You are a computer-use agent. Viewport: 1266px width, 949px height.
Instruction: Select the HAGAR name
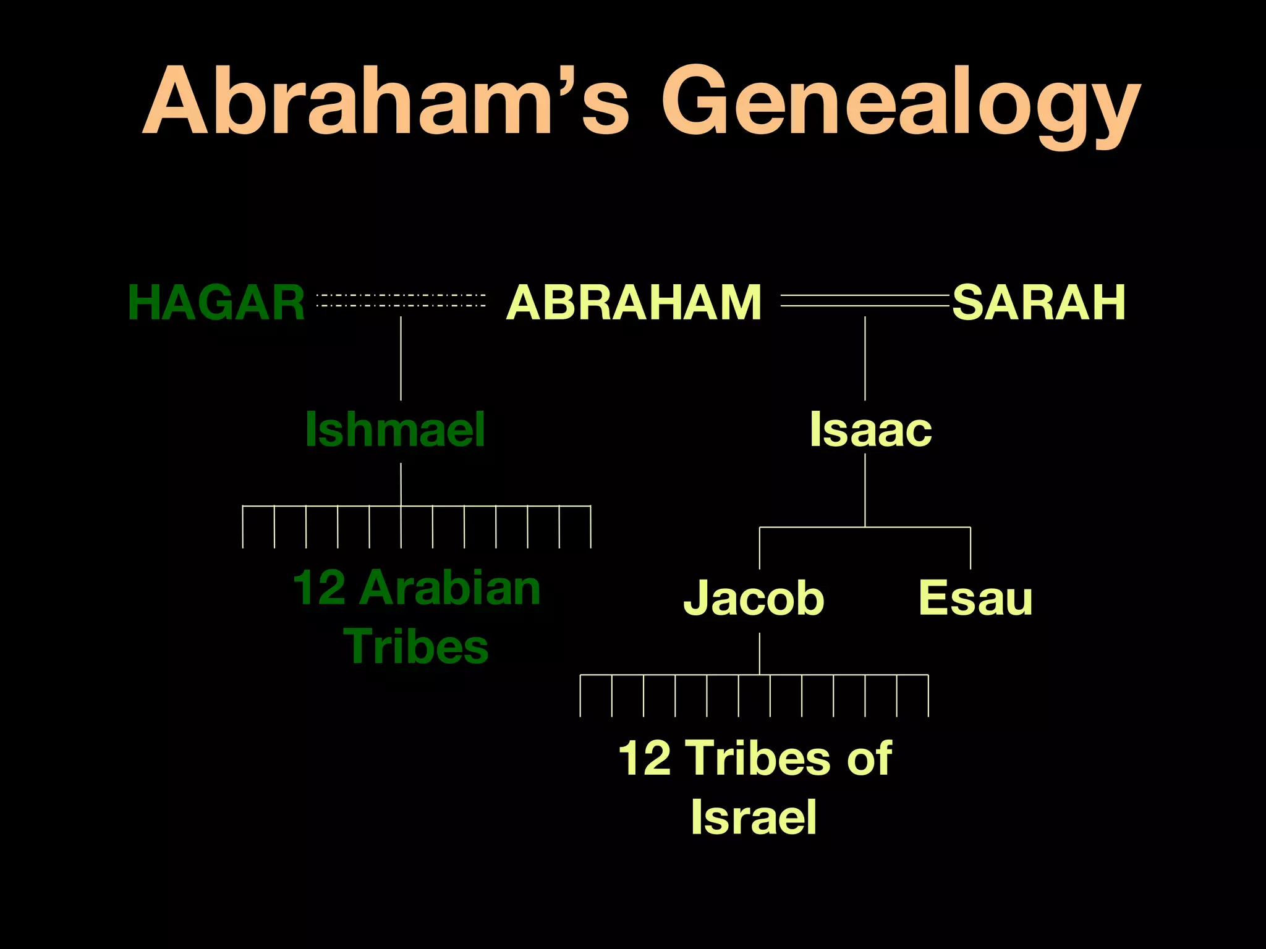click(x=216, y=303)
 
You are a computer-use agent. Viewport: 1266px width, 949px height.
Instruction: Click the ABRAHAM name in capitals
click(x=634, y=303)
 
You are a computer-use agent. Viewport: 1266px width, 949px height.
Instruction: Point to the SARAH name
click(x=1039, y=303)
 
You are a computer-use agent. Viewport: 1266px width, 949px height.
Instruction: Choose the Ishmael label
click(x=395, y=429)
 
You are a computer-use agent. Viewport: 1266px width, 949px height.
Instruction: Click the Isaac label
click(x=870, y=429)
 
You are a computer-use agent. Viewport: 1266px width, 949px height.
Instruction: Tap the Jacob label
click(x=754, y=597)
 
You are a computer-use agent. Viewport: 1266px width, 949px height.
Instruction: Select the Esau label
click(x=975, y=597)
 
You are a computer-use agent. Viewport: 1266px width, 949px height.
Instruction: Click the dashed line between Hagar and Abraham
click(x=401, y=301)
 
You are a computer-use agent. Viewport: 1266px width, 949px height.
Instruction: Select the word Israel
click(x=754, y=817)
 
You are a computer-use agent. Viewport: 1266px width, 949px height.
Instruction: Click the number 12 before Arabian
click(x=319, y=588)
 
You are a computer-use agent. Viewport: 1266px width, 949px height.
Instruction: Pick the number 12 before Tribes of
click(x=644, y=757)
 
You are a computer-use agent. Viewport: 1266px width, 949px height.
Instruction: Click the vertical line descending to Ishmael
click(x=401, y=358)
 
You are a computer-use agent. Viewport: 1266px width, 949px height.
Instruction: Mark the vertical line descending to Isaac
click(x=865, y=358)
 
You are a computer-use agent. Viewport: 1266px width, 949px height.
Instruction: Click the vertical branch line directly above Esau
click(x=971, y=548)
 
